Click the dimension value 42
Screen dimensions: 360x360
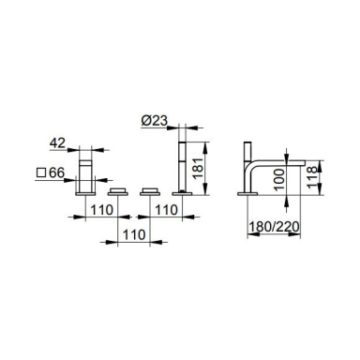tap(57, 143)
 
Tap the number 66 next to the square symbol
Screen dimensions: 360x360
tap(56, 172)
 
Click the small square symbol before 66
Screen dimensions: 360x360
tap(41, 172)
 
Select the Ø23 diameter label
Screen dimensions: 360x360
tap(155, 121)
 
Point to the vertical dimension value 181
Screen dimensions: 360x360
tap(198, 168)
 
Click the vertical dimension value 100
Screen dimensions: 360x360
tap(279, 179)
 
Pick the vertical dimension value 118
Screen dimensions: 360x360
tap(312, 177)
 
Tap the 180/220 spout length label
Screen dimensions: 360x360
tap(274, 227)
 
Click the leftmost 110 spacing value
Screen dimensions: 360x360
tap(102, 210)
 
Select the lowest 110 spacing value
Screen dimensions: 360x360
tap(134, 234)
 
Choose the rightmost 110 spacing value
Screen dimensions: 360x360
tap(166, 210)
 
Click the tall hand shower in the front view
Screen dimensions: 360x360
tap(182, 167)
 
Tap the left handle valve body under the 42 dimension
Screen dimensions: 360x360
tap(85, 176)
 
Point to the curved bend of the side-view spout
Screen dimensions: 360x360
tap(251, 167)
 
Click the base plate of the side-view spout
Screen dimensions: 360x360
tap(247, 194)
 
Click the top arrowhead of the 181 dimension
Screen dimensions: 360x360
tap(205, 147)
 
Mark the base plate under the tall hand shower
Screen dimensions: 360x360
tap(182, 194)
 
